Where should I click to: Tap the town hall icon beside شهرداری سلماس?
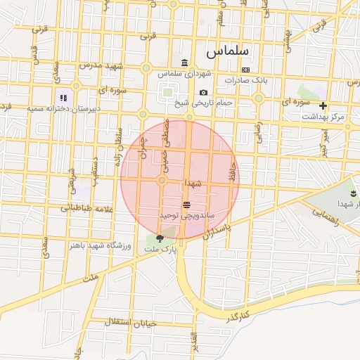coord(184,63)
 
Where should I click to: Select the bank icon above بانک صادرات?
coord(245,70)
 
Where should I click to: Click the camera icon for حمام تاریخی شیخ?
coord(203,92)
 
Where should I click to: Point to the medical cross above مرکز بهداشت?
coord(323,105)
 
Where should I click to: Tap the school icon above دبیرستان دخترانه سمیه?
coord(63,98)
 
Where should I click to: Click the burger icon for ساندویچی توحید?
coord(186,205)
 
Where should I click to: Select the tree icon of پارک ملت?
coord(161,238)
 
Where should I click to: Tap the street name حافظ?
coord(231,172)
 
